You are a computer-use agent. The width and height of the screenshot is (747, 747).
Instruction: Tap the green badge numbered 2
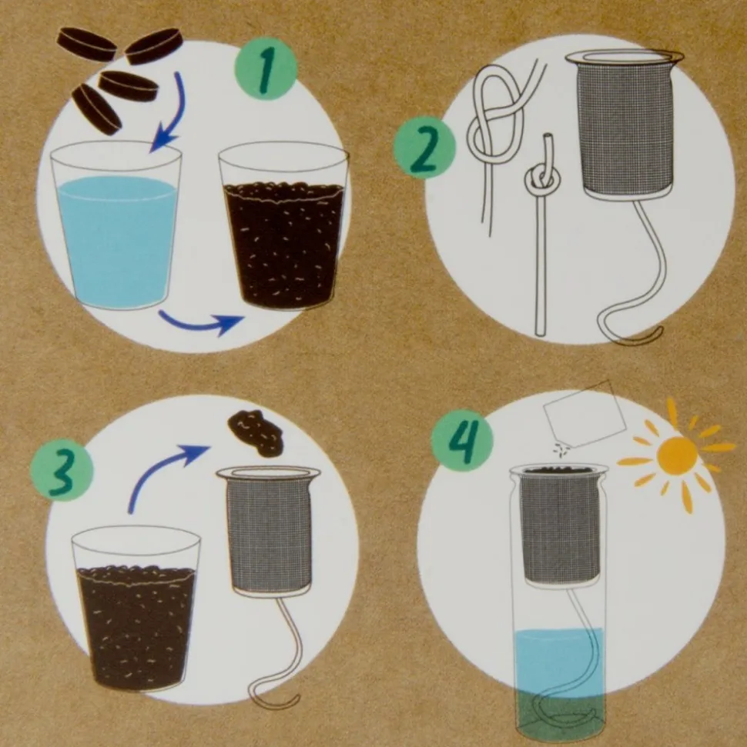(x=424, y=148)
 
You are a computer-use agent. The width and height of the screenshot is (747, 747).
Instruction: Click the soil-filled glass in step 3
(x=136, y=609)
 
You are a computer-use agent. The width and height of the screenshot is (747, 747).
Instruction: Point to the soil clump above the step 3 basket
(x=255, y=432)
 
